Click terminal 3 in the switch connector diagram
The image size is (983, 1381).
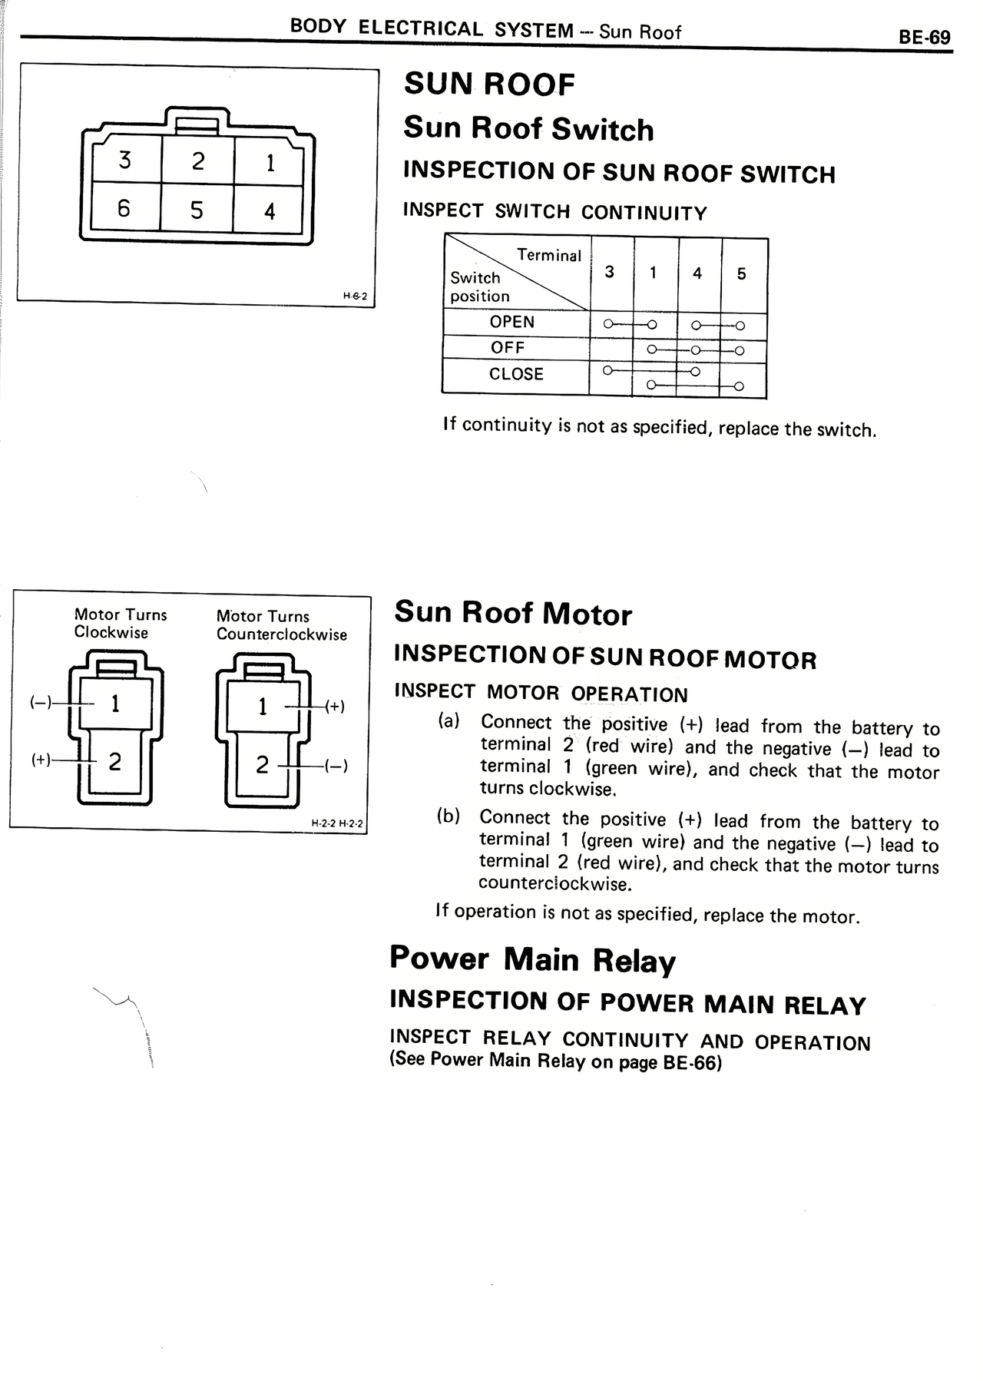coord(124,160)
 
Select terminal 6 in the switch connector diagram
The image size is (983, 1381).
coord(124,208)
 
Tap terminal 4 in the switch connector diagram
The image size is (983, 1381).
coord(270,211)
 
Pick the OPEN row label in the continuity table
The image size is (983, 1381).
coord(512,322)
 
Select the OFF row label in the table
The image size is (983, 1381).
coord(508,347)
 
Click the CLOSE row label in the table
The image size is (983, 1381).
coord(516,374)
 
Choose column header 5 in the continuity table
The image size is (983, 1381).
coord(741,273)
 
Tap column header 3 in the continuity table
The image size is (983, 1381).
coord(609,272)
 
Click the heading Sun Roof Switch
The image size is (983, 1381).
coord(528,128)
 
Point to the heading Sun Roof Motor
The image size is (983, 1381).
coord(513,613)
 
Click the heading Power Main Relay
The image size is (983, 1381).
coord(532,959)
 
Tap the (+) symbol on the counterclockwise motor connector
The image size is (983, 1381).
coord(335,706)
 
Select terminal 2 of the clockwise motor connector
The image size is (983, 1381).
coord(114,761)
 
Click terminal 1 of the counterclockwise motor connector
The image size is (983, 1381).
coord(263,706)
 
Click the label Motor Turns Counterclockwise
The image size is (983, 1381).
coord(281,625)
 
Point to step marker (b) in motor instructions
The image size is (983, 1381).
coord(448,816)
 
